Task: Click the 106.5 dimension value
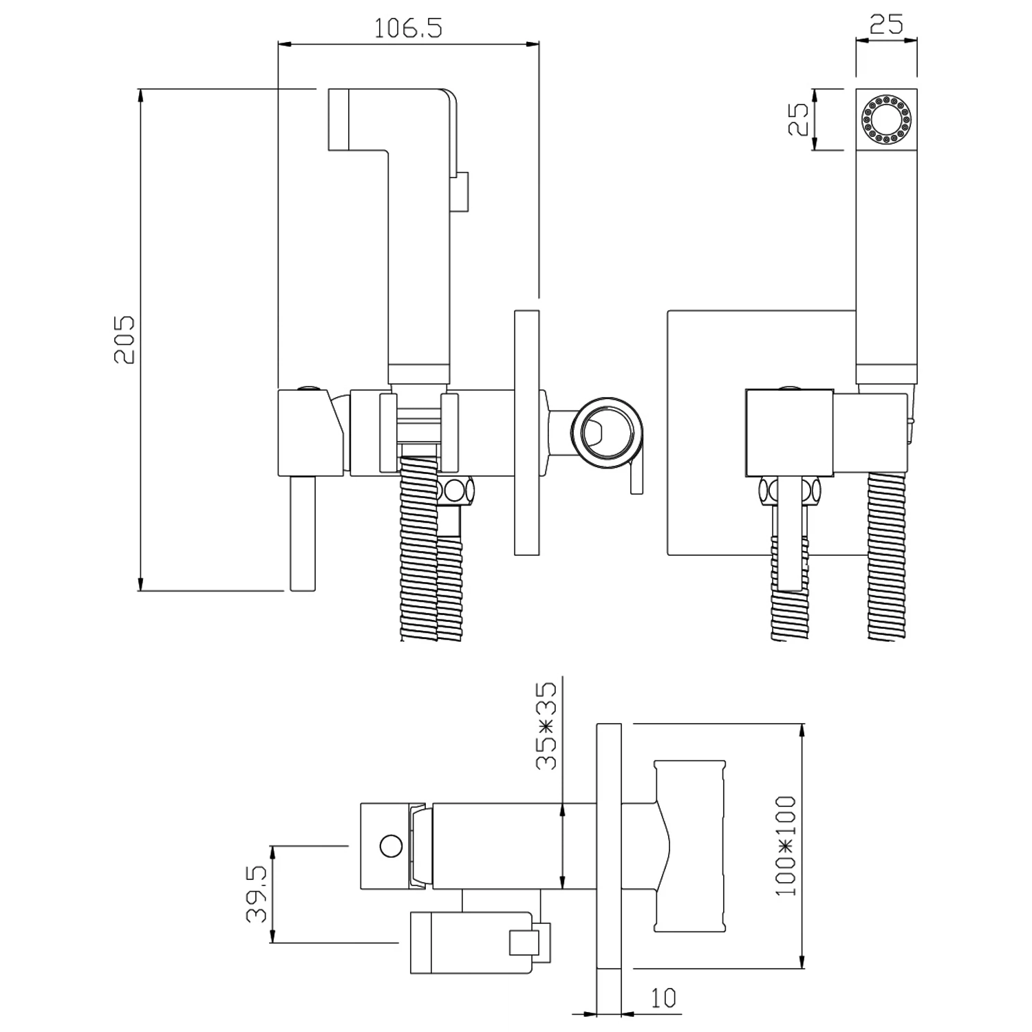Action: [x=408, y=28]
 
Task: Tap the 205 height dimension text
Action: [x=125, y=340]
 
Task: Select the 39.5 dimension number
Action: [x=257, y=894]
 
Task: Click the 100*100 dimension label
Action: [x=785, y=846]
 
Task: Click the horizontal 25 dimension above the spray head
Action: [x=886, y=25]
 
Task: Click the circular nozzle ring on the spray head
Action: [x=886, y=120]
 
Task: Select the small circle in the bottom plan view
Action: [x=391, y=846]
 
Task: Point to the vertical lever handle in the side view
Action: [x=303, y=533]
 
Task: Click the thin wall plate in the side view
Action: [x=526, y=432]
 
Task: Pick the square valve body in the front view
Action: [x=790, y=433]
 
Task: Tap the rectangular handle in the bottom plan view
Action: [x=690, y=846]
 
